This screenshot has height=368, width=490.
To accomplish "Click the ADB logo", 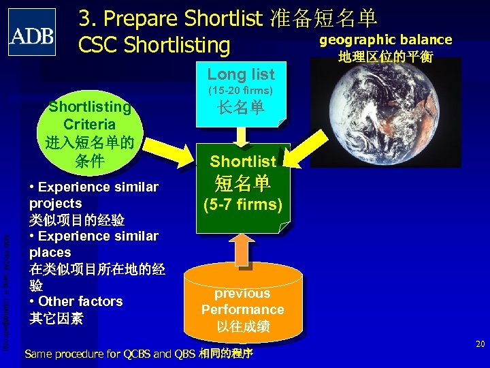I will tap(32, 32).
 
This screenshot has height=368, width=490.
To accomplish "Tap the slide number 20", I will tap(480, 344).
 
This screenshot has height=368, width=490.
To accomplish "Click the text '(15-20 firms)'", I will tap(241, 90).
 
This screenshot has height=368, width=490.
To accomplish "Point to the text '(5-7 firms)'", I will tap(243, 204).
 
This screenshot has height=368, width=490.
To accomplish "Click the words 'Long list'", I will tap(241, 74).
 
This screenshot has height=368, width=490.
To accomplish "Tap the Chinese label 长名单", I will tap(241, 108).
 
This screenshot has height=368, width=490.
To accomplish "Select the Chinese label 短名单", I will tap(243, 183).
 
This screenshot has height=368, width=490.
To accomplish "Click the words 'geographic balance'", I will tap(385, 40).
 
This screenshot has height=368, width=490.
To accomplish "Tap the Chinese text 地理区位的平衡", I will tap(385, 56).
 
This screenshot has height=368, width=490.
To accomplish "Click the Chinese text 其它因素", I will tap(56, 318).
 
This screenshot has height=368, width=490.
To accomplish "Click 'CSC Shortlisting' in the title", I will tap(154, 45).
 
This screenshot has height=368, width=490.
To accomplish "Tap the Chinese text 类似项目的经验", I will tap(76, 219).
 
